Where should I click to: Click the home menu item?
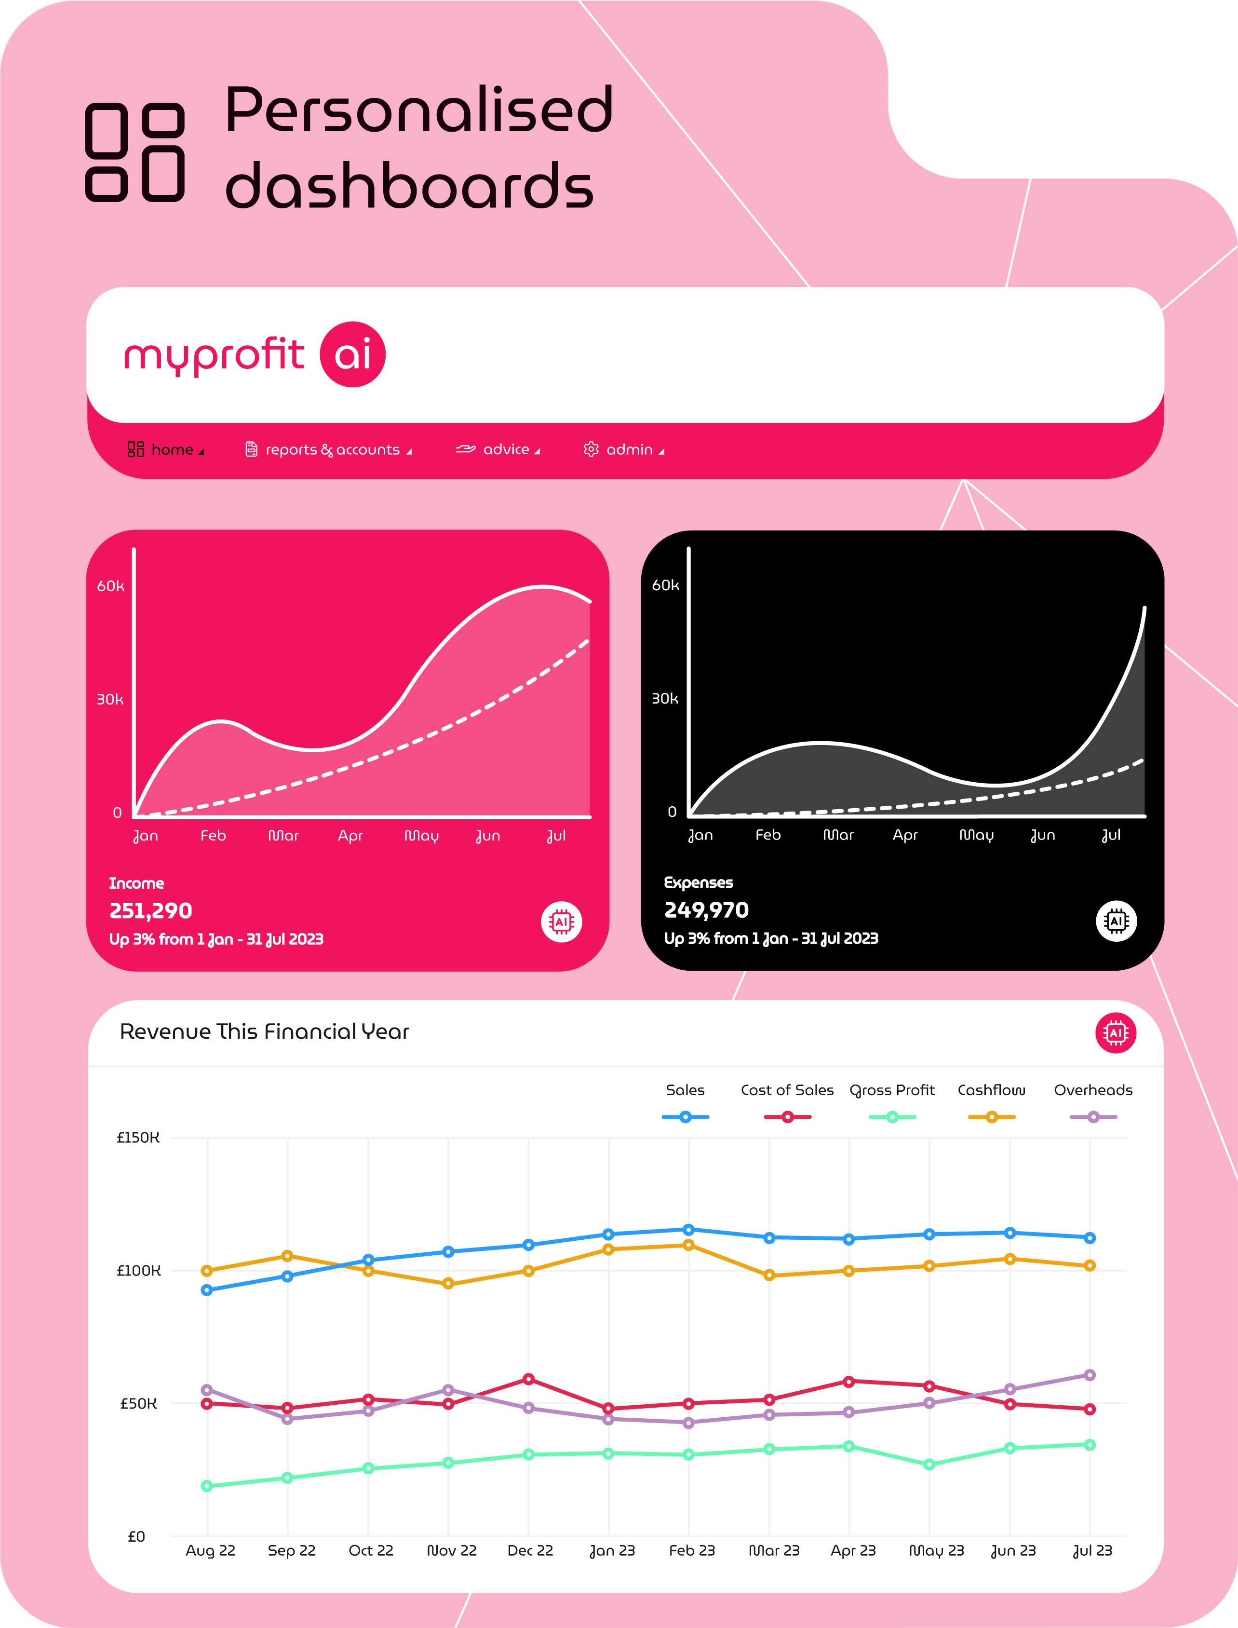coord(166,449)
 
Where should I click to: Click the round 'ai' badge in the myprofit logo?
coord(352,354)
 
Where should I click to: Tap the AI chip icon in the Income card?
coord(562,922)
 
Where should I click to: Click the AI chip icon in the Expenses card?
coord(1117,921)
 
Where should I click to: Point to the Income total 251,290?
coord(151,911)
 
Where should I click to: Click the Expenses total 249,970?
coord(706,910)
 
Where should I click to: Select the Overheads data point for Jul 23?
coord(1090,1375)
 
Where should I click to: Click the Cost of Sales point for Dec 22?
coord(528,1379)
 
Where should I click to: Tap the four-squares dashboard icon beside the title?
coord(135,152)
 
